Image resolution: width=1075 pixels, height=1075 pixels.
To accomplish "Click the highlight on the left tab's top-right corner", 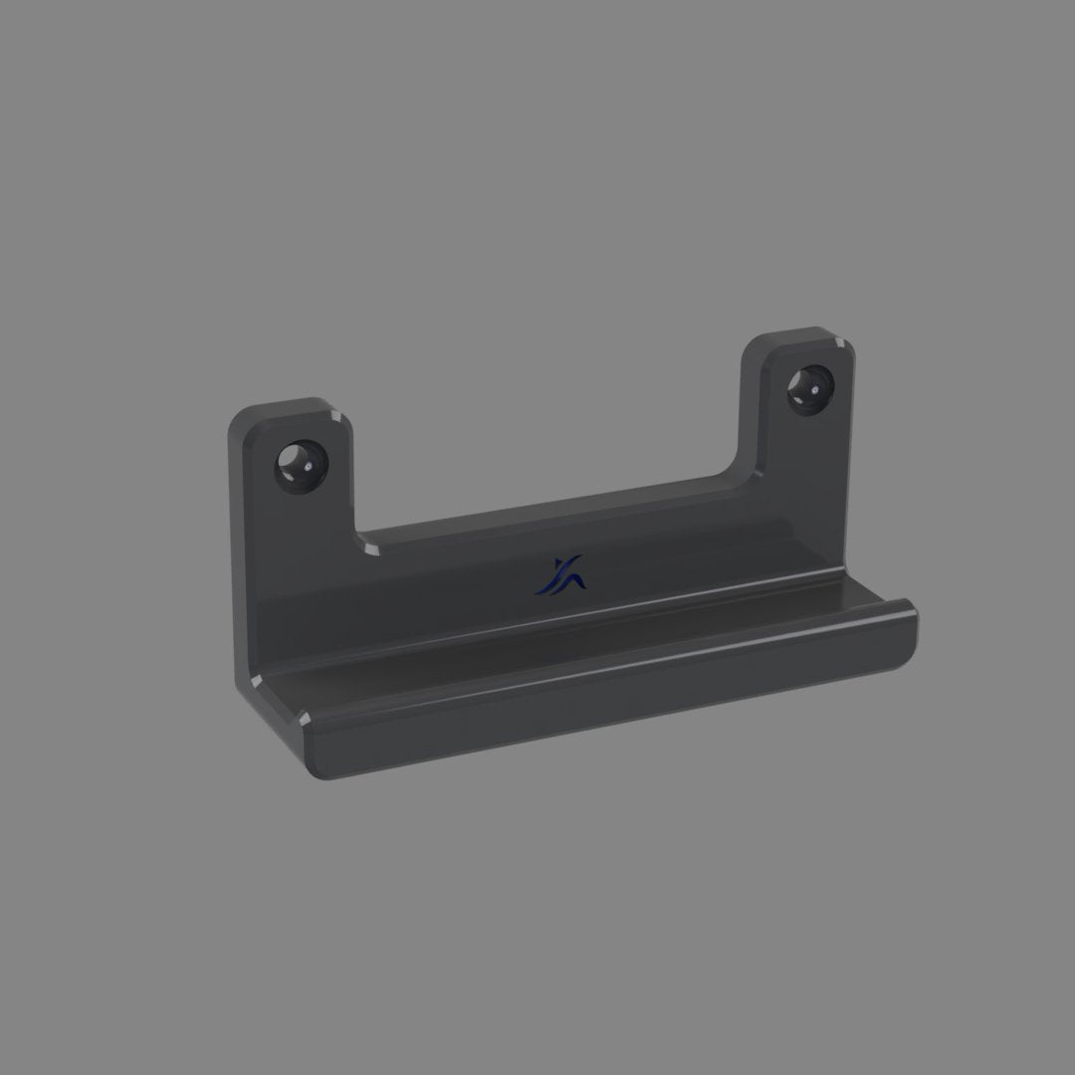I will [338, 416].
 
